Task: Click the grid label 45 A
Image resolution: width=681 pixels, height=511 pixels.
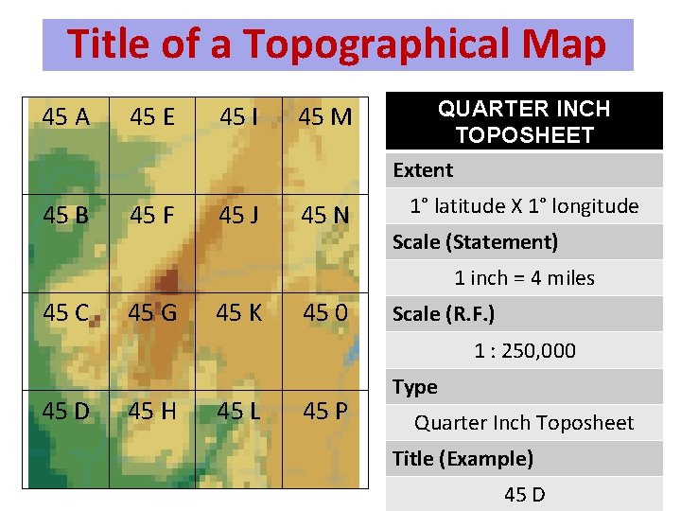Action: click(x=66, y=117)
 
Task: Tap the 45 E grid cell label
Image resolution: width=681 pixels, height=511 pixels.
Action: click(x=152, y=117)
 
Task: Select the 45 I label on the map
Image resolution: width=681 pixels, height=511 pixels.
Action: click(x=239, y=117)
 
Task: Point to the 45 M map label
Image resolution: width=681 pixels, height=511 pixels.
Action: click(x=325, y=117)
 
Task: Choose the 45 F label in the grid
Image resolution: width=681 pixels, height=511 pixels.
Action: click(x=152, y=215)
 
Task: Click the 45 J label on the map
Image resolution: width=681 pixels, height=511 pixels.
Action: click(x=239, y=215)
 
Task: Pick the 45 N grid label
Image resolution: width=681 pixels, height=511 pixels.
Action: click(x=325, y=215)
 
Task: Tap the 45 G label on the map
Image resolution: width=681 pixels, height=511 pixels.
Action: click(x=152, y=313)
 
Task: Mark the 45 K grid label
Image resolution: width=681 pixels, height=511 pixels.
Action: click(x=239, y=313)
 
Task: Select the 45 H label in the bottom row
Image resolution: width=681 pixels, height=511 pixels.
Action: click(x=152, y=412)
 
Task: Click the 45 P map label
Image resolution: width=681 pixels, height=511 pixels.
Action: click(x=325, y=412)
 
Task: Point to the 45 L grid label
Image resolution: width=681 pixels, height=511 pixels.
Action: click(x=239, y=412)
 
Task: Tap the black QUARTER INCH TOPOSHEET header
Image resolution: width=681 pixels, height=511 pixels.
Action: click(x=523, y=122)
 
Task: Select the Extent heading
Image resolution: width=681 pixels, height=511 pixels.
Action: click(x=423, y=170)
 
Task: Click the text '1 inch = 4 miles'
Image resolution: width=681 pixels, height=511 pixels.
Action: click(x=524, y=278)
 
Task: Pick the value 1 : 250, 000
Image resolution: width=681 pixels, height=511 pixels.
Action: click(x=524, y=351)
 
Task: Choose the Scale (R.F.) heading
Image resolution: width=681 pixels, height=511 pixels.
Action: click(x=444, y=314)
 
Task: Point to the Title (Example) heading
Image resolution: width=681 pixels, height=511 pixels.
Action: click(x=463, y=459)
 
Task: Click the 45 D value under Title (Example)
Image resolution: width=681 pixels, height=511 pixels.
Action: click(x=524, y=495)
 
